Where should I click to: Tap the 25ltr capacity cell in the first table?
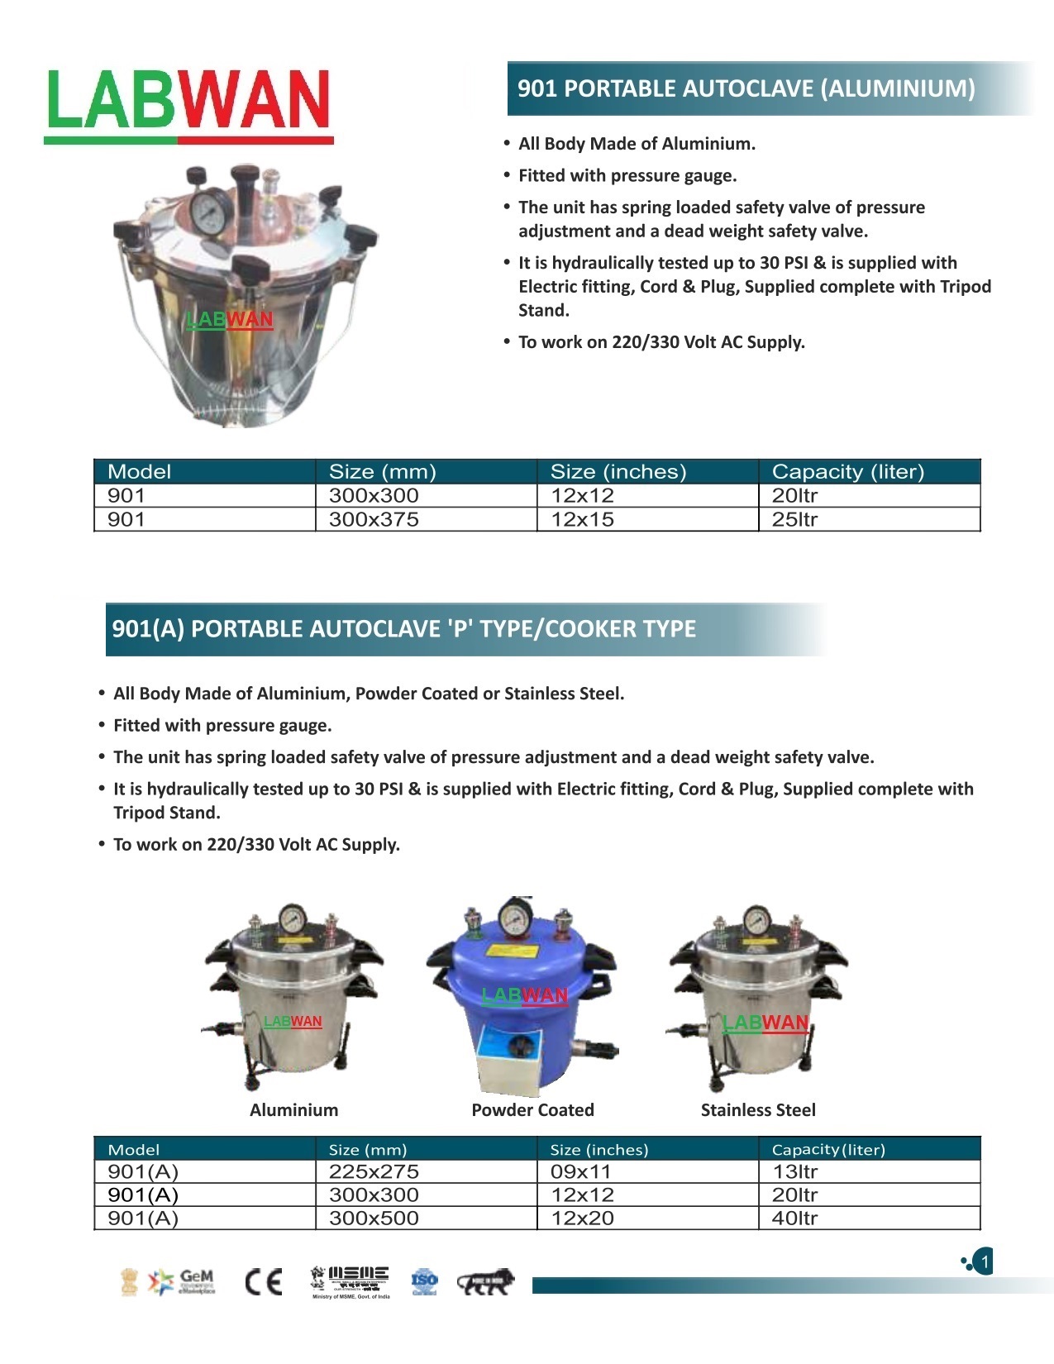pos(794,520)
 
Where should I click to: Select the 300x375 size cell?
pos(374,520)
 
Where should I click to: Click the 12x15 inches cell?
pos(582,520)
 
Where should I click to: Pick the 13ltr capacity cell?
pos(794,1172)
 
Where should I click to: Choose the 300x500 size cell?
pos(374,1219)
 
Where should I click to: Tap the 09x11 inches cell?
pos(580,1172)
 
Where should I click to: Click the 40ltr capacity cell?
pos(794,1219)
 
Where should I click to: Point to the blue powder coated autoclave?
pos(522,992)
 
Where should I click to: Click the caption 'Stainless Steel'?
pos(758,1110)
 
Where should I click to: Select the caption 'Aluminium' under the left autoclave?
pos(293,1110)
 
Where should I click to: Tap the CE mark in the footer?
pos(265,1281)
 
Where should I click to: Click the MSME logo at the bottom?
pos(351,1281)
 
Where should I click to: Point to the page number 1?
pos(984,1262)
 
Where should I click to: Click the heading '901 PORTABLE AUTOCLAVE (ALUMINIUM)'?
pos(746,88)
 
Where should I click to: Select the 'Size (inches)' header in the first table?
pos(618,472)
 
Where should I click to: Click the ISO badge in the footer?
pos(424,1281)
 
